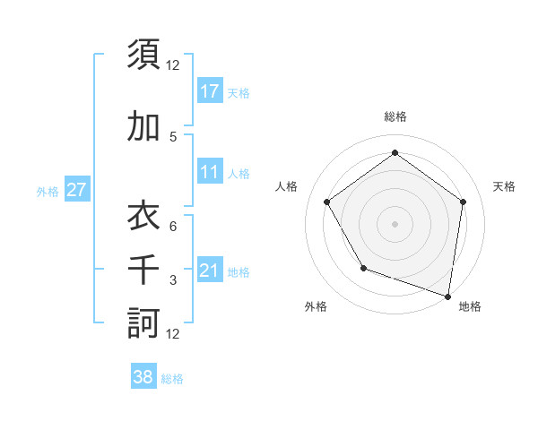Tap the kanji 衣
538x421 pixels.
[143, 215]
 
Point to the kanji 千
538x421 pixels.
[143, 269]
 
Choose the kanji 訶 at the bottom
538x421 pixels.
[143, 322]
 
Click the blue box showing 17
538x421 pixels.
[209, 90]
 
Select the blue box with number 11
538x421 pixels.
[209, 172]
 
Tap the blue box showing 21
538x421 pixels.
[209, 271]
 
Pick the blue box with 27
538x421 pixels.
[76, 190]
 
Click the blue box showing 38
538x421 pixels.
[143, 377]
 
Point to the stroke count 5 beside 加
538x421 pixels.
[173, 137]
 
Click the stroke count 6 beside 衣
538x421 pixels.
[173, 227]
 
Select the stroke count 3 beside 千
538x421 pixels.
[173, 280]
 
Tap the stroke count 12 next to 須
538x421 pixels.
[173, 65]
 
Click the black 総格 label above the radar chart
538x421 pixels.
[395, 117]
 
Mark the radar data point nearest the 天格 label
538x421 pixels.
[463, 202]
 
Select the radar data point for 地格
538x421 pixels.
[447, 296]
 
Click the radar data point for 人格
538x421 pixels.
[326, 202]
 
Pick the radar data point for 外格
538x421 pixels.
[363, 268]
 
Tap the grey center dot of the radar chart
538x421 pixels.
[395, 223]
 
